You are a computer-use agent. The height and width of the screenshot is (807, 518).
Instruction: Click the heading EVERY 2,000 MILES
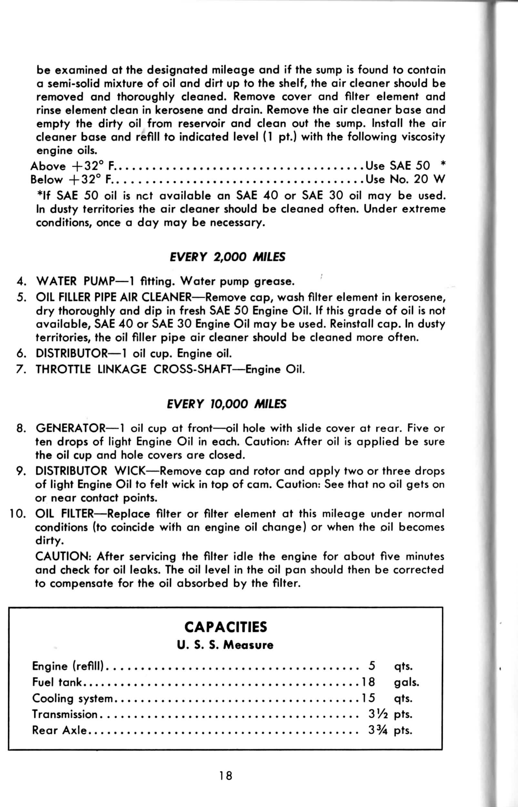pyautogui.click(x=228, y=257)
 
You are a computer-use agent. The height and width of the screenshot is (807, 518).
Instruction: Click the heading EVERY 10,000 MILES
pyautogui.click(x=226, y=404)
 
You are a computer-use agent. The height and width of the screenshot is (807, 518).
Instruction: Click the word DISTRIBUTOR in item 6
pyautogui.click(x=71, y=353)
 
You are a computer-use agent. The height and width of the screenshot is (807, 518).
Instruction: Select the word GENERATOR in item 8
pyautogui.click(x=71, y=428)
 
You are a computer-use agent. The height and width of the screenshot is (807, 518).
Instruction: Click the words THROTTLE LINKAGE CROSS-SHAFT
pyautogui.click(x=134, y=369)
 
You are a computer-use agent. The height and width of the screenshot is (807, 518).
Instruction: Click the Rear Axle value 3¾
pyautogui.click(x=378, y=730)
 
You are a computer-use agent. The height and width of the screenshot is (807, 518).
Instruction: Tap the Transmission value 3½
pyautogui.click(x=378, y=714)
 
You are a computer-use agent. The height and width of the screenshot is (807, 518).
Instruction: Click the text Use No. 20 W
pyautogui.click(x=405, y=179)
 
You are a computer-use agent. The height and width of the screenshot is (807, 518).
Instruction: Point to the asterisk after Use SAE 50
pyautogui.click(x=443, y=165)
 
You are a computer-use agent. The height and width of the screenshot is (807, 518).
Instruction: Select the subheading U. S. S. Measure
pyautogui.click(x=225, y=645)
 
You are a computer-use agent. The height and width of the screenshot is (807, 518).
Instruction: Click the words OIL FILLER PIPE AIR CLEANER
pyautogui.click(x=114, y=297)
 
